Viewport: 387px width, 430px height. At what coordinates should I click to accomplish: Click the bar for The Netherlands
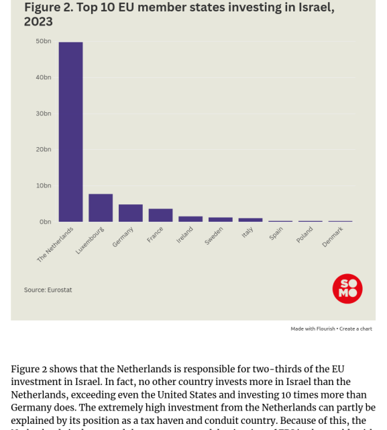point(70,132)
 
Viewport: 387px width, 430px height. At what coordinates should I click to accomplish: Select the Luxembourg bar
point(101,208)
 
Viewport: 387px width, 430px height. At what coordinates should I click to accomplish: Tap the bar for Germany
point(131,213)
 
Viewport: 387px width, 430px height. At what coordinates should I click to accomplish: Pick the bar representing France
point(160,215)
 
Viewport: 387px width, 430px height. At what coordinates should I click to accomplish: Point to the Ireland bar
point(190,219)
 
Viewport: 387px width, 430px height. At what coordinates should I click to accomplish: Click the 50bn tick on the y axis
point(43,41)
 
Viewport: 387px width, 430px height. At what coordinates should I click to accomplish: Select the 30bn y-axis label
point(43,114)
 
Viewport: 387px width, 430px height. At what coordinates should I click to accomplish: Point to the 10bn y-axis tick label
point(43,186)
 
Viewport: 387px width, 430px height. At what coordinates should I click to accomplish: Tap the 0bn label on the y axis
point(44,222)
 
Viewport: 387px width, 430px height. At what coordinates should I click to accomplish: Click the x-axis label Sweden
point(214,236)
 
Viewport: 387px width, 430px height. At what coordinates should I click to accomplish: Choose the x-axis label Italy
point(247,232)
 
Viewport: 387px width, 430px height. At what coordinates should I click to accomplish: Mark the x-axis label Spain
point(276,233)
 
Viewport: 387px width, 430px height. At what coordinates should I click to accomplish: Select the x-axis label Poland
point(305,234)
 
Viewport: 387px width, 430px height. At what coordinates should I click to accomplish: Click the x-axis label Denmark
point(333,236)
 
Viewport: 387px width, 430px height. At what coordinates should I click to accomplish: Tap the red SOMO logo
point(347,289)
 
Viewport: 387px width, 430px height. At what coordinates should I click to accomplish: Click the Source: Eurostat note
point(48,290)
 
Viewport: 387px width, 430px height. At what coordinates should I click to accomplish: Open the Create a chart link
point(355,329)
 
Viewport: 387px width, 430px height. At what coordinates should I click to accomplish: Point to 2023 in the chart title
point(38,22)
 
